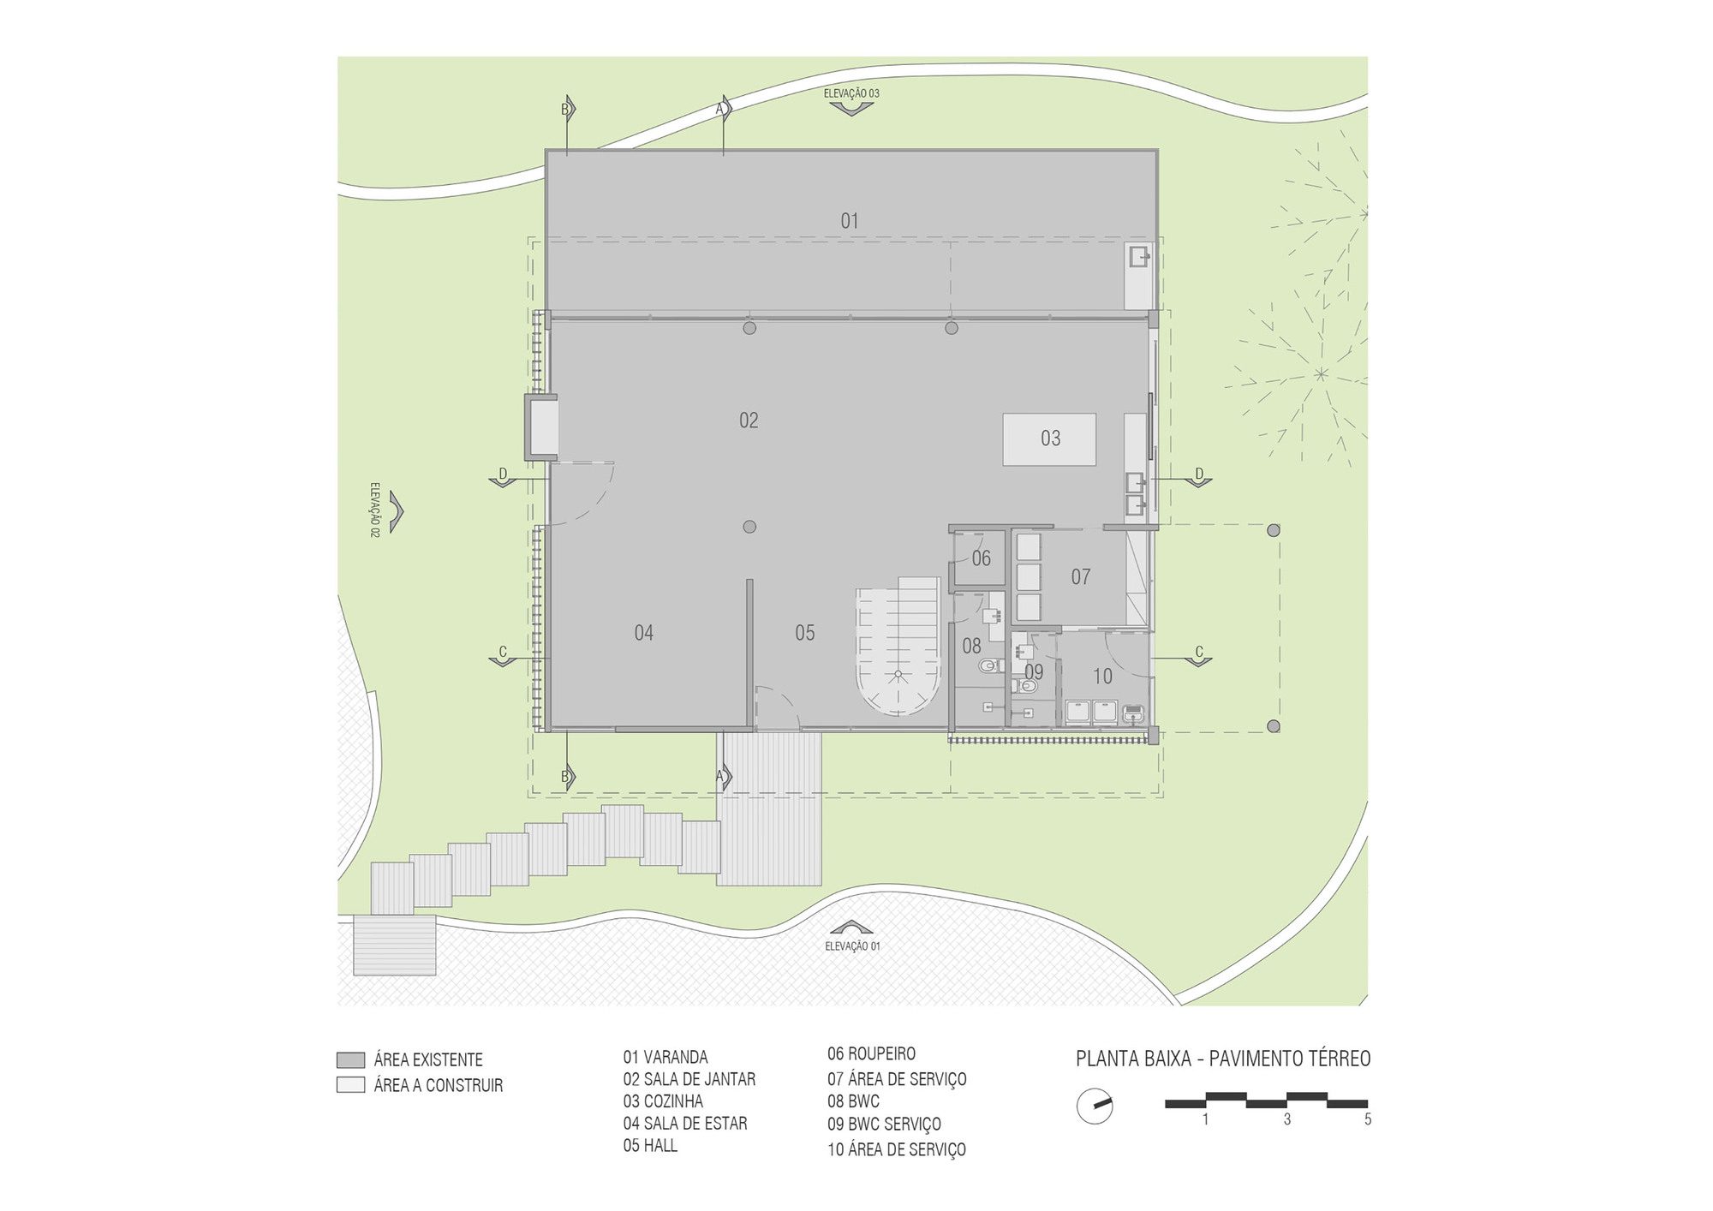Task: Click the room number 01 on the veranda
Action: point(849,221)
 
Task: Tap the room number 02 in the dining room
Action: point(749,421)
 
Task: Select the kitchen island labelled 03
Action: point(1050,438)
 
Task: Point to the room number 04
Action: point(644,633)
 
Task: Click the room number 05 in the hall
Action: point(804,633)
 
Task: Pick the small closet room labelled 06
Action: point(980,558)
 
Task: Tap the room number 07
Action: point(1081,577)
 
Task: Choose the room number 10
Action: point(1102,677)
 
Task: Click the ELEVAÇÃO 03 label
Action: point(851,93)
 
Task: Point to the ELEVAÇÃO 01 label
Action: point(852,946)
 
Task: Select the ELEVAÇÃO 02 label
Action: point(375,510)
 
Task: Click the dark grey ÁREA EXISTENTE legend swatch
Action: point(350,1060)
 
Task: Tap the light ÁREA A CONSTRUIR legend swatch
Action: point(350,1085)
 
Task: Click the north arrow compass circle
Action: point(1095,1107)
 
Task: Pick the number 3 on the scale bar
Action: point(1287,1119)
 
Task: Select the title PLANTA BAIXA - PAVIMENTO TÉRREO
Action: point(1223,1059)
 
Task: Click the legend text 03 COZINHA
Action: point(663,1101)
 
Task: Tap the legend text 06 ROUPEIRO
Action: point(871,1054)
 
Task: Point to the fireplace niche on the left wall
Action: point(541,427)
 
